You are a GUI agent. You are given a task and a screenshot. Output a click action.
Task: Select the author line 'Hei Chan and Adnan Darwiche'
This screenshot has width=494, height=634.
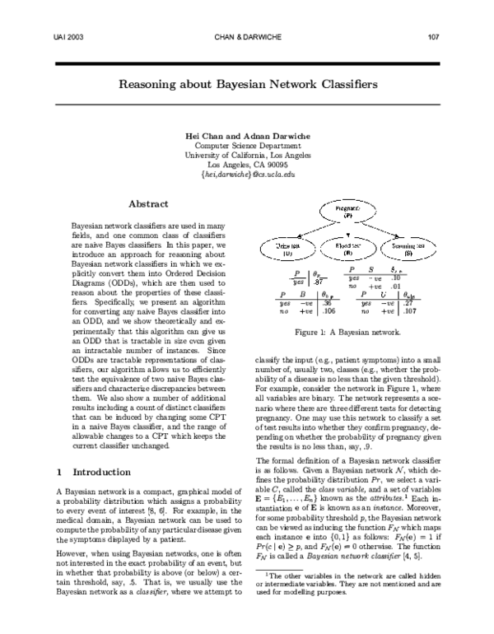(247, 134)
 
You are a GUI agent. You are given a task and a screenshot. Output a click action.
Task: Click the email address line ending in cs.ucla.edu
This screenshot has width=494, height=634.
(247, 175)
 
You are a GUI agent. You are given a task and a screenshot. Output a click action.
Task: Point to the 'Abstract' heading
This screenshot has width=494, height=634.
(148, 203)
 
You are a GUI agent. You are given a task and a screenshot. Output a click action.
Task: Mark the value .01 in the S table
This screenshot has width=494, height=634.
(396, 287)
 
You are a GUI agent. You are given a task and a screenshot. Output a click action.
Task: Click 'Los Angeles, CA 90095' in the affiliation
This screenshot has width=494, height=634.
(247, 164)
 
